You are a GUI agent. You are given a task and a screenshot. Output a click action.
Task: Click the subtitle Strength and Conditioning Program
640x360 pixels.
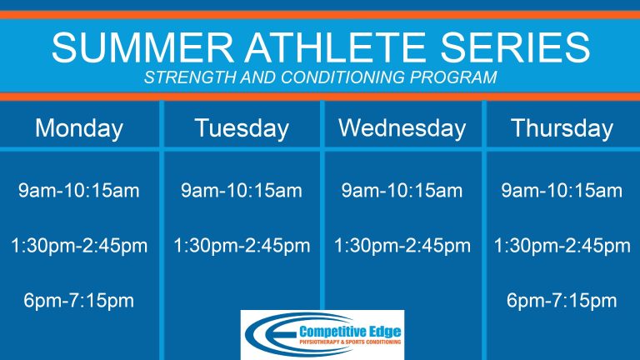click(320, 78)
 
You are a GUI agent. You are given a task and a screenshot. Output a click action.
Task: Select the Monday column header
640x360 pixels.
click(79, 128)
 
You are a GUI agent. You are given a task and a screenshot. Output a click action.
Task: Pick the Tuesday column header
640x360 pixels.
click(242, 128)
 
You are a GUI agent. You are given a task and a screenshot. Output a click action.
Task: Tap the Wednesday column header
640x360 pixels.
click(402, 128)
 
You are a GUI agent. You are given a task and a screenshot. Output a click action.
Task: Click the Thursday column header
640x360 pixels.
click(562, 128)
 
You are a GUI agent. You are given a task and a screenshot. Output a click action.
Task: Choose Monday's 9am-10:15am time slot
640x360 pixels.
click(79, 191)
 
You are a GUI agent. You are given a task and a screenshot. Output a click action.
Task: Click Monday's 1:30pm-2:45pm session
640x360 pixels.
click(79, 246)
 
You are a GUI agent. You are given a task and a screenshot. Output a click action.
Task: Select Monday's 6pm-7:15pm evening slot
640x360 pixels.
click(79, 301)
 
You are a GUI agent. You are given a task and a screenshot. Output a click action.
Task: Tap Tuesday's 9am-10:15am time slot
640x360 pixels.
click(242, 191)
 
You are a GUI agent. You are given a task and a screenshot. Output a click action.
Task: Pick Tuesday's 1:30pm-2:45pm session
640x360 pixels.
click(242, 246)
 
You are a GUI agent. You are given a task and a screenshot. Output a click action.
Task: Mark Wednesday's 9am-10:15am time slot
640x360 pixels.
click(402, 191)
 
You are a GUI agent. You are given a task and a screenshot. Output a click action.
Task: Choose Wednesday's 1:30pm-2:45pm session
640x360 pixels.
click(402, 246)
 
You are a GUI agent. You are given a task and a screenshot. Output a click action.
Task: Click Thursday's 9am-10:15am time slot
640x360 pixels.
click(562, 191)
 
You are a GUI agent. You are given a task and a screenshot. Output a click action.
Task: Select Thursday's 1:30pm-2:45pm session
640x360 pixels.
click(562, 246)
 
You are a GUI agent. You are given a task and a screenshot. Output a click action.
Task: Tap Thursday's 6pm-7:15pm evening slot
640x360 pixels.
click(562, 301)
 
